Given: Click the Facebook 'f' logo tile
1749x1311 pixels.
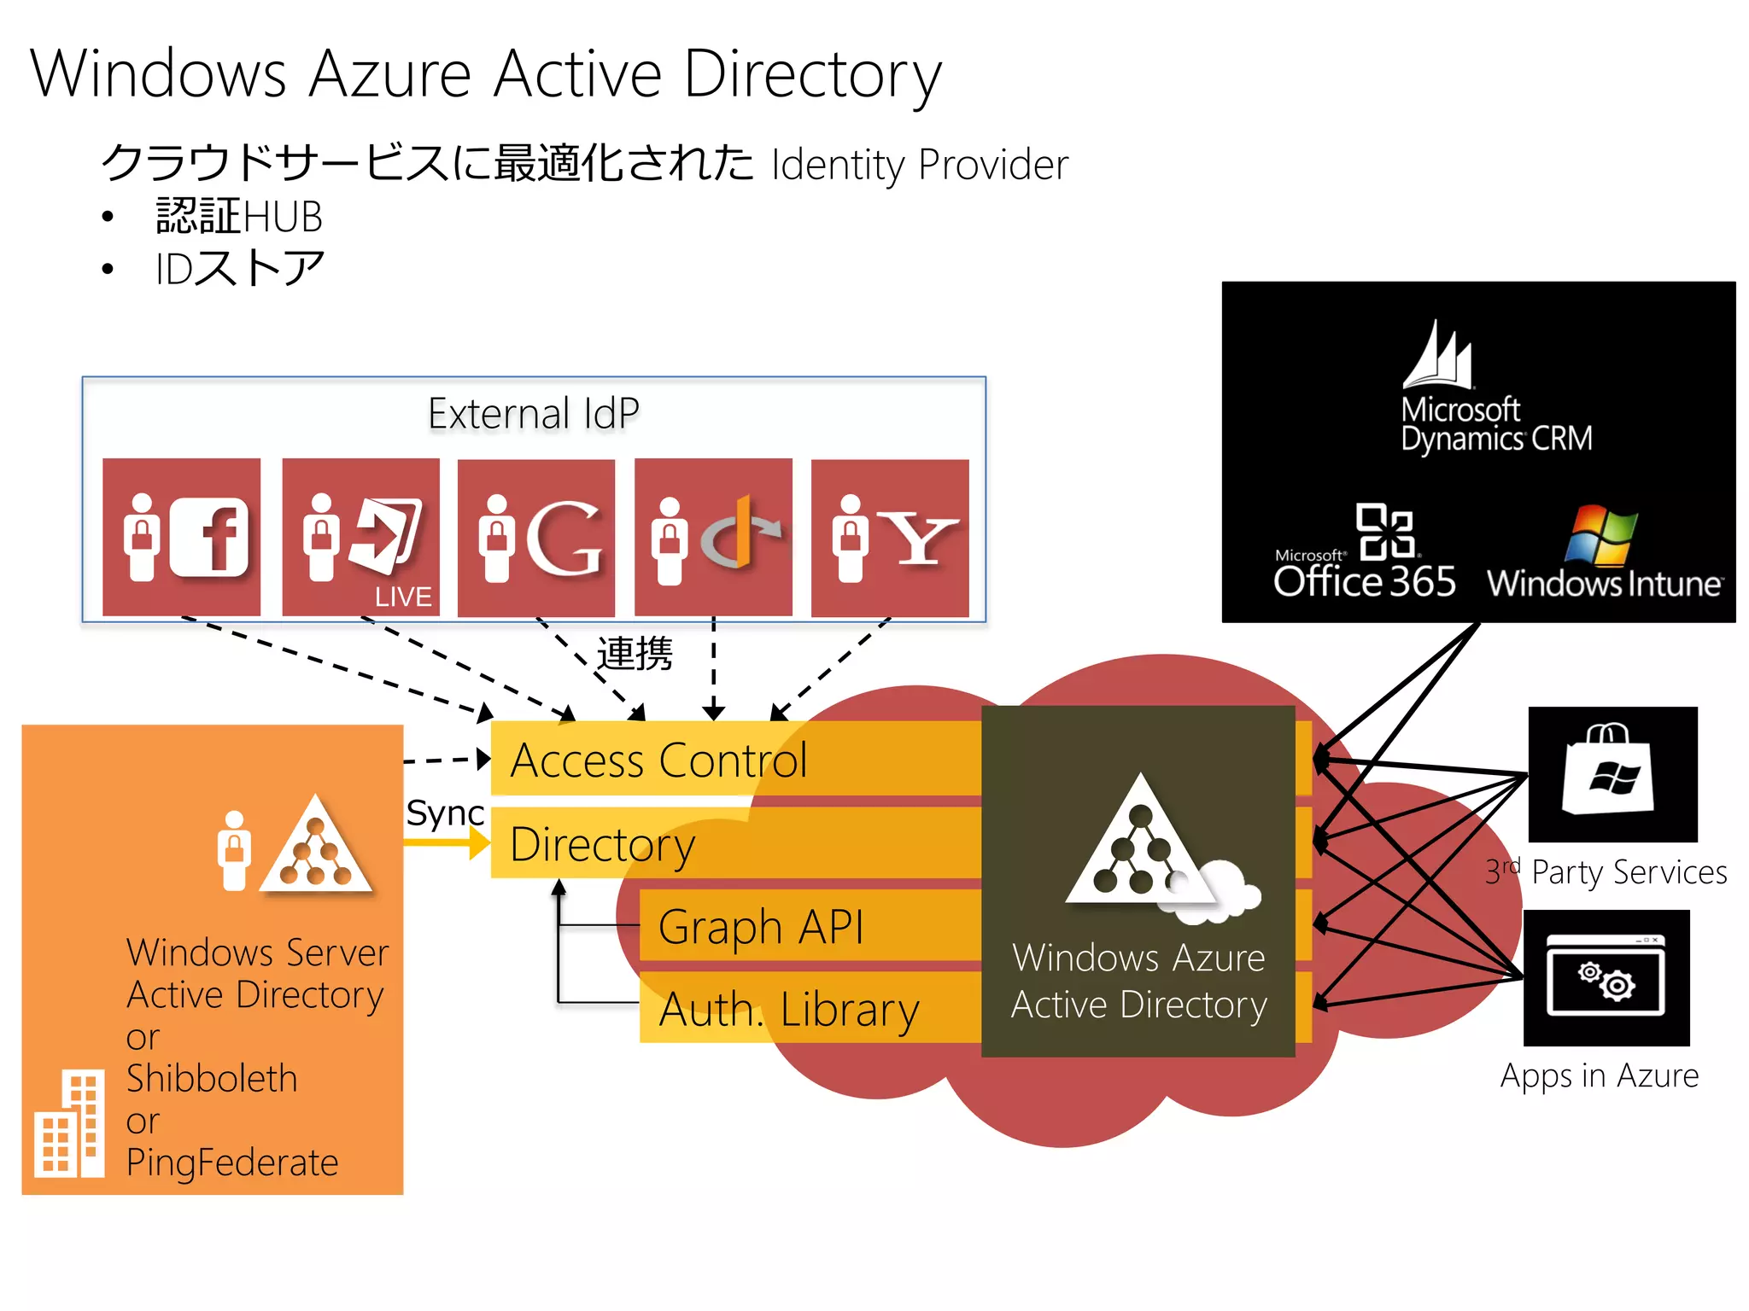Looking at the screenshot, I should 181,537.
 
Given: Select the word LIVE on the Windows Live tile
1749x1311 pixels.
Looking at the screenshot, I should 403,597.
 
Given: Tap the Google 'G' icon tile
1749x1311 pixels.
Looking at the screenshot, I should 536,538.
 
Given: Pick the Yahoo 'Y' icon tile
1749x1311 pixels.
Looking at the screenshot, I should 890,538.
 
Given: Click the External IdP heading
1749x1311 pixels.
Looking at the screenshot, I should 534,414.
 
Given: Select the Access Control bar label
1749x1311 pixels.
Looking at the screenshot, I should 658,760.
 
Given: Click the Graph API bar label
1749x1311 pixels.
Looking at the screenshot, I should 761,927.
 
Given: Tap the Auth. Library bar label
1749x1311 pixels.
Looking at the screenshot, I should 789,1010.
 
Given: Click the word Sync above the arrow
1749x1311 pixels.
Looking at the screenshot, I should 445,813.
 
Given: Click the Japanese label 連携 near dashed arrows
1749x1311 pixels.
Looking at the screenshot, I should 635,654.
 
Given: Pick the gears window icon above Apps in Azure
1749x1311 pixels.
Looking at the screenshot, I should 1606,977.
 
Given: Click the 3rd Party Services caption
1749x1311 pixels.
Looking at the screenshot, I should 1606,872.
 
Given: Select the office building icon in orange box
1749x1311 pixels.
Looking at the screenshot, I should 71,1124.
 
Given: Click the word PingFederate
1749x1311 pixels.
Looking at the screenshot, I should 232,1162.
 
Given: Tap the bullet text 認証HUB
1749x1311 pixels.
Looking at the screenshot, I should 239,217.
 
